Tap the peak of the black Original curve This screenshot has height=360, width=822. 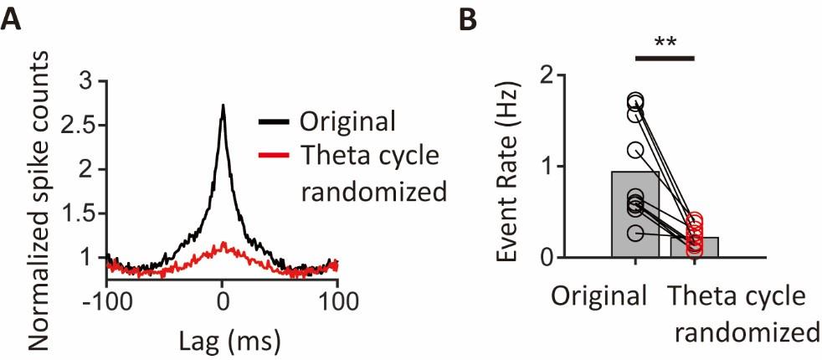pyautogui.click(x=223, y=106)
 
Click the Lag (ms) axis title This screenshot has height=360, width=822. pyautogui.click(x=222, y=339)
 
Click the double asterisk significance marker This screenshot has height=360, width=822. pyautogui.click(x=665, y=42)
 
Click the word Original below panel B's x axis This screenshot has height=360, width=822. pyautogui.click(x=599, y=297)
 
